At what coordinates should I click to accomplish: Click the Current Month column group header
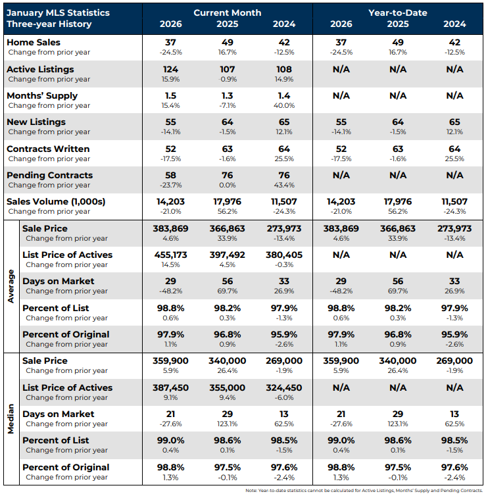(x=228, y=12)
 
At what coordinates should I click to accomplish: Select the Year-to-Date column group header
(x=398, y=12)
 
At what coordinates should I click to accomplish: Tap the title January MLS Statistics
(x=58, y=12)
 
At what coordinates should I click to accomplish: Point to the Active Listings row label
(x=39, y=69)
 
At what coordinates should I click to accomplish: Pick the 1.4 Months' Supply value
(x=284, y=95)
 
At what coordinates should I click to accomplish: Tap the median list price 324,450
(x=284, y=387)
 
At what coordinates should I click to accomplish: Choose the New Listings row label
(x=36, y=122)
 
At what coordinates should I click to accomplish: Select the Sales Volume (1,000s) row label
(x=56, y=201)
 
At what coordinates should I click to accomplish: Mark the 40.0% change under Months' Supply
(x=284, y=105)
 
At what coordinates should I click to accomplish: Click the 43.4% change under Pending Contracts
(x=284, y=185)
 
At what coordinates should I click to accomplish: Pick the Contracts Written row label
(x=47, y=149)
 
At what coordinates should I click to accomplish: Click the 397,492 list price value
(x=228, y=255)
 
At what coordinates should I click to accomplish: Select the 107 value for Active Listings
(x=228, y=69)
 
